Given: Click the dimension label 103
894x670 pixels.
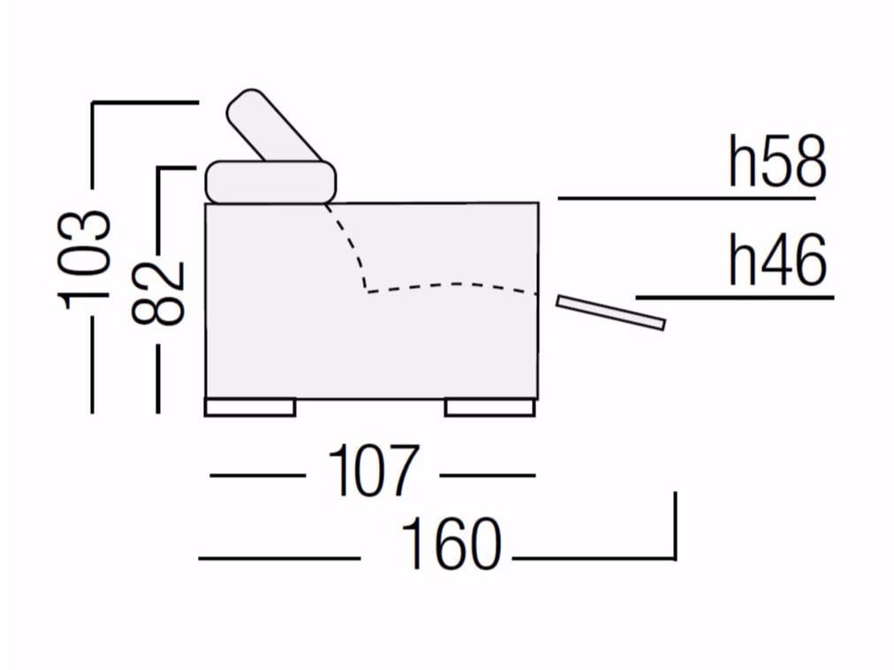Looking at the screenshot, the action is point(83,260).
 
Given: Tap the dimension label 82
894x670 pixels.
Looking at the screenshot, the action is point(158,293).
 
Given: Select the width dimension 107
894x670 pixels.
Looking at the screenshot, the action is point(374,471).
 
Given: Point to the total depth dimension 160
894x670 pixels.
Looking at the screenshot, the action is point(451,544).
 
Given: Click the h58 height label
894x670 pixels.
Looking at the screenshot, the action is point(777,162).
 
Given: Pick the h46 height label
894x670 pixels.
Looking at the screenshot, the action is point(777,260).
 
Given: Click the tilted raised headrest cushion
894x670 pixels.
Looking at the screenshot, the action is point(275,126).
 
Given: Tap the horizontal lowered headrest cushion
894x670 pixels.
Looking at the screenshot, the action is point(271,182).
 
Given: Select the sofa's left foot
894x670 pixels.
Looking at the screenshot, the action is point(250,407).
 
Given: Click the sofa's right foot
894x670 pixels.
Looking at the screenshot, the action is point(489,407).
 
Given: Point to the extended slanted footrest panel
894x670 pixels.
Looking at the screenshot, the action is point(610,312).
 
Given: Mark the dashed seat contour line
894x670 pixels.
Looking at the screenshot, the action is point(453,287).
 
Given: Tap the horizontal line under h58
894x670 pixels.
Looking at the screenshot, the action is point(686,199).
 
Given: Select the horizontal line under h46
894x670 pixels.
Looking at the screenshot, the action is point(735,297).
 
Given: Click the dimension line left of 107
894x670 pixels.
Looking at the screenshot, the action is point(258,475).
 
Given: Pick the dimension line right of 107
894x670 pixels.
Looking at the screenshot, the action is point(488,475).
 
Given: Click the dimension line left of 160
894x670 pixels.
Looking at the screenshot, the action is point(279,558).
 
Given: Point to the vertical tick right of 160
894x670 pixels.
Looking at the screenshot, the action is point(675,526).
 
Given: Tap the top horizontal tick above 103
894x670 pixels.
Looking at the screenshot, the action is point(146,102).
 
